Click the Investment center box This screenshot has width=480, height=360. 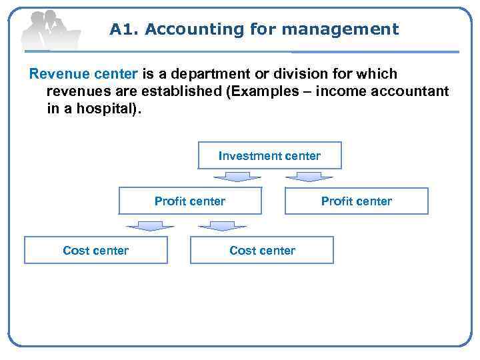269,156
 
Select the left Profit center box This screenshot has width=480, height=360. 190,201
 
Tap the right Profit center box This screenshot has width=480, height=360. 357,201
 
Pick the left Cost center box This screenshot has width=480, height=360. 95,250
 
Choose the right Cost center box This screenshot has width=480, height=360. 262,250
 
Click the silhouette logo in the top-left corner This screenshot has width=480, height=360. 51,29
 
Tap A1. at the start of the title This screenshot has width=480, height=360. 124,29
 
